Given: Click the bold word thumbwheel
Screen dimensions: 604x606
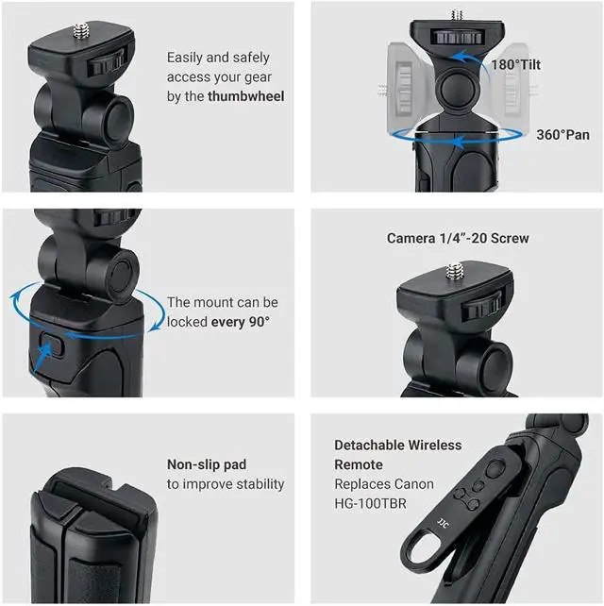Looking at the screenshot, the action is point(245,96).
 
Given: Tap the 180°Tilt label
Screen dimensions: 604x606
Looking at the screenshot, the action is point(515,64).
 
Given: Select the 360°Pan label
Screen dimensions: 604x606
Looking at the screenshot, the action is point(562,135).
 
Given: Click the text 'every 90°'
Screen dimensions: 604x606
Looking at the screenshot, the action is point(240,322).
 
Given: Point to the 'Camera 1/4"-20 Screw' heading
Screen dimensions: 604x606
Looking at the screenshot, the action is point(458,238).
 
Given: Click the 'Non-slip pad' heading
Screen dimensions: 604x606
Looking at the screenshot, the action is point(207,464).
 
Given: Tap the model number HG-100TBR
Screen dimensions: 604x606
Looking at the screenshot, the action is point(370,503).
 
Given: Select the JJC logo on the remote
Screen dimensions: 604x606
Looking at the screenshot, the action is point(443,524).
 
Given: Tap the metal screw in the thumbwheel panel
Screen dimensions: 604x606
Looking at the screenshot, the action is point(81,31).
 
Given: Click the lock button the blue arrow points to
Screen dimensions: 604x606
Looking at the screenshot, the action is point(52,344).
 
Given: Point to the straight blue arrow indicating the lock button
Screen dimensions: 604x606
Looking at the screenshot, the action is point(42,358).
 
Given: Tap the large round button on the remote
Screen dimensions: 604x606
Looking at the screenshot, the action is point(495,469).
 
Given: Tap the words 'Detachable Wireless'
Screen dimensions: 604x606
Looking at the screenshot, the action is point(397,445).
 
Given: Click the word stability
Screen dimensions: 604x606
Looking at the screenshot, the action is point(260,484).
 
